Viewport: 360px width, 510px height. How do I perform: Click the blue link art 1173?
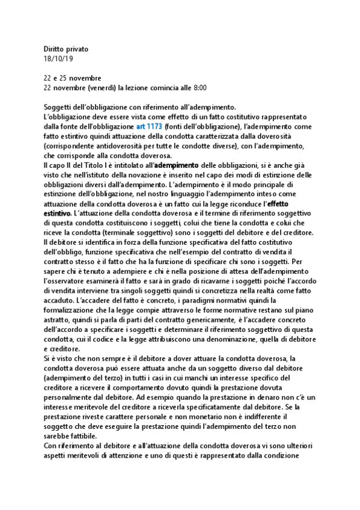coord(149,126)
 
